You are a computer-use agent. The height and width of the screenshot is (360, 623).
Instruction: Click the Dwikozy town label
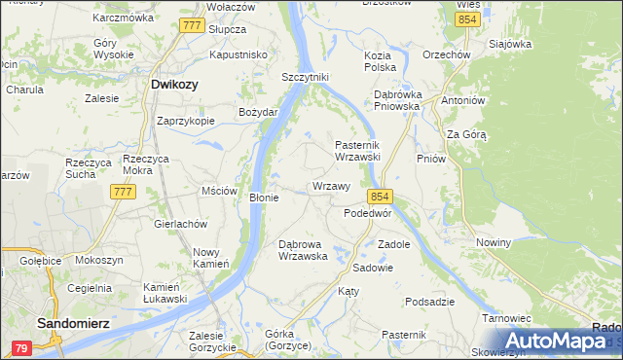click(175, 85)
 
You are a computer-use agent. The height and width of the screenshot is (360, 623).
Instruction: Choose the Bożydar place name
click(259, 112)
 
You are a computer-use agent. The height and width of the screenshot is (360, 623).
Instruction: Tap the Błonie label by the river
click(265, 198)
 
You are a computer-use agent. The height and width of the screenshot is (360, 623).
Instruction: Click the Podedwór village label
click(368, 213)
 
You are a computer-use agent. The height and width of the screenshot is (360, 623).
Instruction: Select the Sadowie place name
click(373, 267)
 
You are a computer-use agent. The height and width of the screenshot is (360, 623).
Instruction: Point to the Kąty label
click(348, 291)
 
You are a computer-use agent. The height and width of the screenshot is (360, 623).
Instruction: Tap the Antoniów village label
click(462, 100)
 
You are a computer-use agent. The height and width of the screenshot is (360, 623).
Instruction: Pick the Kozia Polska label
click(380, 62)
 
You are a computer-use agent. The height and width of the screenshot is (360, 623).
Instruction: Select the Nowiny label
click(494, 241)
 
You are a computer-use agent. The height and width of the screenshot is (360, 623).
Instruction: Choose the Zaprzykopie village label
click(186, 122)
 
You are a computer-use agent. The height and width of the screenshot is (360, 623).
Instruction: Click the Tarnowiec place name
click(505, 318)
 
